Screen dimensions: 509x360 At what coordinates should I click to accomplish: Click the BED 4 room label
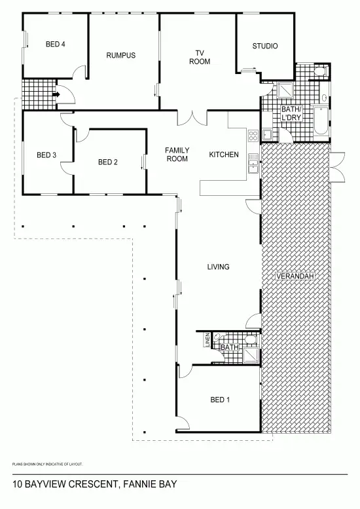[55, 45]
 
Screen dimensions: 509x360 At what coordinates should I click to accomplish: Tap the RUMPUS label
[120, 56]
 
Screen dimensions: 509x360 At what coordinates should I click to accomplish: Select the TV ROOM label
[200, 57]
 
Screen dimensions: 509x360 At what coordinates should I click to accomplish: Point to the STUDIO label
[265, 46]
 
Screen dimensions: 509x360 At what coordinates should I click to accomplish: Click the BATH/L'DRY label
[291, 113]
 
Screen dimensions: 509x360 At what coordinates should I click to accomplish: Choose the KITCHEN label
[224, 155]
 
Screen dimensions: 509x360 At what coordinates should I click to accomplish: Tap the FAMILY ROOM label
[177, 155]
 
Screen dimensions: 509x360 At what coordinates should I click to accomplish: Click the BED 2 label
[107, 162]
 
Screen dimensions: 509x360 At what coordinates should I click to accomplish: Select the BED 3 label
[46, 155]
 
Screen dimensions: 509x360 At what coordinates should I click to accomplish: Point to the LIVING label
[218, 267]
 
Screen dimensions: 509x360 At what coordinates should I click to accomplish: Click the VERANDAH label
[295, 276]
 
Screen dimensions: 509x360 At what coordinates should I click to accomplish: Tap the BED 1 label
[220, 400]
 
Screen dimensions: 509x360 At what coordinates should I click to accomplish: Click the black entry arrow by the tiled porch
[56, 94]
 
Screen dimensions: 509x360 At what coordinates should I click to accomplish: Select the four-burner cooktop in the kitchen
[253, 136]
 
